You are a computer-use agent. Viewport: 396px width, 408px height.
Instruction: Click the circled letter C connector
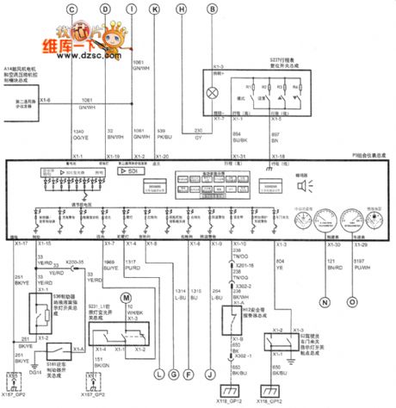coord(72,9)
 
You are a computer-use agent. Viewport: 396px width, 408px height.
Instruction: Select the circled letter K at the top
coord(155,9)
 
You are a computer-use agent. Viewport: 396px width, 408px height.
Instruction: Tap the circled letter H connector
coord(181,9)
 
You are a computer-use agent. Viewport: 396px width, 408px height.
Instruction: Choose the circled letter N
coord(325,302)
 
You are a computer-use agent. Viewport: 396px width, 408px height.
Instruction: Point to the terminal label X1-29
coord(353,244)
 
